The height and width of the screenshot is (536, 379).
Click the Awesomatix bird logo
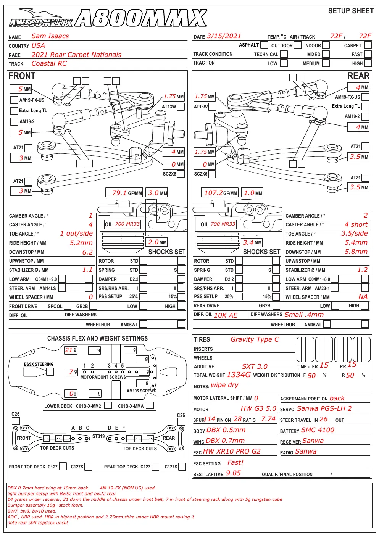point(41,18)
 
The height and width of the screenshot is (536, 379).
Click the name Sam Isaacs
point(50,36)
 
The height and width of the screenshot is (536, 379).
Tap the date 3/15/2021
point(224,36)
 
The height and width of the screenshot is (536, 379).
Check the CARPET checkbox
point(368,45)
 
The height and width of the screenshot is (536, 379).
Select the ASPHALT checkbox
point(264,45)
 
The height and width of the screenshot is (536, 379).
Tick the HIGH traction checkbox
point(368,63)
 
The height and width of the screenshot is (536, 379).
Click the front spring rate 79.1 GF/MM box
point(124,193)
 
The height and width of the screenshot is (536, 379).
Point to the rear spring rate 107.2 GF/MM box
point(219,193)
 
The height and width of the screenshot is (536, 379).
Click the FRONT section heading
point(22,76)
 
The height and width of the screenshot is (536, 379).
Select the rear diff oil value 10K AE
point(226,315)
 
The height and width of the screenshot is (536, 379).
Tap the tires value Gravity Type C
point(255,339)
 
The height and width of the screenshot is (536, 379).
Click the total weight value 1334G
point(239,375)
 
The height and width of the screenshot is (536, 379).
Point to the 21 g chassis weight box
point(71,350)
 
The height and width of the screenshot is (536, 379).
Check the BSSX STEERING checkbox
point(50,371)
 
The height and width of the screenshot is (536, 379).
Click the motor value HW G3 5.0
point(258,408)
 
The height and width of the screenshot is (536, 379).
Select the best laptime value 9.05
point(233,473)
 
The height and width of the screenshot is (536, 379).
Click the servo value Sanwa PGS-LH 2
point(324,408)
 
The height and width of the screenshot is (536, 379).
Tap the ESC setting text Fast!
point(235,462)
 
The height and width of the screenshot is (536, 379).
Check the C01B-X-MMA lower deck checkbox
point(150,405)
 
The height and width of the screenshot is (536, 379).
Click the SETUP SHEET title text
point(351,11)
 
